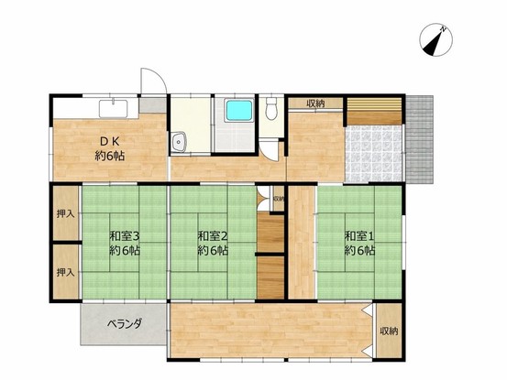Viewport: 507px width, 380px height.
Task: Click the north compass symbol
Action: (x=435, y=40)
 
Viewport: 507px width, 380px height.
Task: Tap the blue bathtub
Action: (x=239, y=111)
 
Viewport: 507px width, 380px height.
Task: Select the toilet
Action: (x=271, y=108)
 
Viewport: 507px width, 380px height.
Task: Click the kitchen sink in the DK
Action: (x=113, y=109)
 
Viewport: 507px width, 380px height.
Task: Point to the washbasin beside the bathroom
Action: (x=179, y=142)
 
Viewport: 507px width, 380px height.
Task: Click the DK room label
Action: (x=110, y=148)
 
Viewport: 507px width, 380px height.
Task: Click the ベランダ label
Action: (x=125, y=323)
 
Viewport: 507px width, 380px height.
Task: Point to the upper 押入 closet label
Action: (x=66, y=213)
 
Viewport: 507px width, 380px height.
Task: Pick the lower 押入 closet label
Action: (x=66, y=273)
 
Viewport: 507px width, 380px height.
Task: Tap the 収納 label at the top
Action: (x=316, y=103)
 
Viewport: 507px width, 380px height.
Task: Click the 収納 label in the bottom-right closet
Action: (x=389, y=331)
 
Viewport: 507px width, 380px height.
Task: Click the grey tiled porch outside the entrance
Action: (x=419, y=139)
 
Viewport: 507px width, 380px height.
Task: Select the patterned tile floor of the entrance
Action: (x=374, y=154)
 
